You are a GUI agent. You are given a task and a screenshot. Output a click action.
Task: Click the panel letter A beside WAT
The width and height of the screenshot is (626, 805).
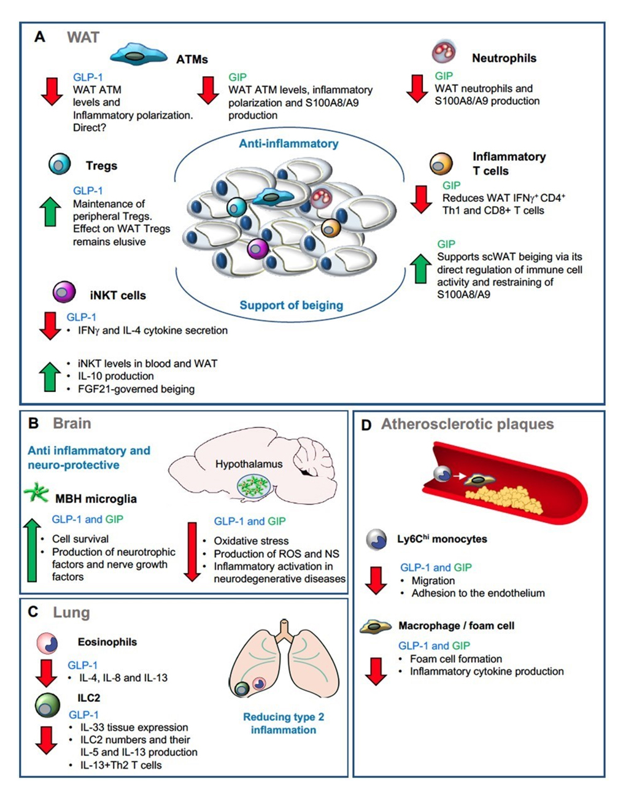tap(39, 37)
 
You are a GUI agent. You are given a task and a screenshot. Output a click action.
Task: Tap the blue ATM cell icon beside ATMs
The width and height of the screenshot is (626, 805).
tap(139, 56)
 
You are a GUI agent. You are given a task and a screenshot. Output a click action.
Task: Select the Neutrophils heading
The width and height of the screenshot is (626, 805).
tap(504, 58)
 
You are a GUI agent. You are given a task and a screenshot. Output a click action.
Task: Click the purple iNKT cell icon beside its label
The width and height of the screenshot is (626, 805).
tap(64, 292)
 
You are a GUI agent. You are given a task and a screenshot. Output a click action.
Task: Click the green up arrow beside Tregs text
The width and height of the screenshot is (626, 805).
tap(50, 212)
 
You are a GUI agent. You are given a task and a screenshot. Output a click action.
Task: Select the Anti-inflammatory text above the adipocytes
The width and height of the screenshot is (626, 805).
tap(288, 144)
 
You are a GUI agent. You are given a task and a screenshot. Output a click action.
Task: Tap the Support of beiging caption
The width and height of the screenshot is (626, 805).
tap(291, 305)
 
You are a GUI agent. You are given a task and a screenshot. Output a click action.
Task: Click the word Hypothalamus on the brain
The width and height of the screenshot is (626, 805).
tap(249, 464)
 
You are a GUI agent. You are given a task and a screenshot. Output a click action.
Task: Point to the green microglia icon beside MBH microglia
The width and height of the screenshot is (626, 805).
tap(36, 493)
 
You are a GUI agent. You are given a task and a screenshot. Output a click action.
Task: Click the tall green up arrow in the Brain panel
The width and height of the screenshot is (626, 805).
tap(33, 550)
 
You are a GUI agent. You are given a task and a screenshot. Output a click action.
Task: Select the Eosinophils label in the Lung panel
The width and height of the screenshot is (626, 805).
tap(107, 642)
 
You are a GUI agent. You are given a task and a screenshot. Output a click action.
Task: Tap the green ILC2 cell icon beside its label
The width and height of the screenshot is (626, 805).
tap(47, 706)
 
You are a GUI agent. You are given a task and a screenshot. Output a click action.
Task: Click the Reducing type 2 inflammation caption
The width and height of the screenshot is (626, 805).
tap(284, 723)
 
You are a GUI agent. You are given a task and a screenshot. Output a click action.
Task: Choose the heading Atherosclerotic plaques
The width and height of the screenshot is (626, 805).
tap(467, 424)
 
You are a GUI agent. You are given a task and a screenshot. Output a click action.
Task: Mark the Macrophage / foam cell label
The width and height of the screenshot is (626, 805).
tap(456, 626)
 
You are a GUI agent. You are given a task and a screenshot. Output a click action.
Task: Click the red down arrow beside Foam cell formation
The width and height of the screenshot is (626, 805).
tap(376, 671)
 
